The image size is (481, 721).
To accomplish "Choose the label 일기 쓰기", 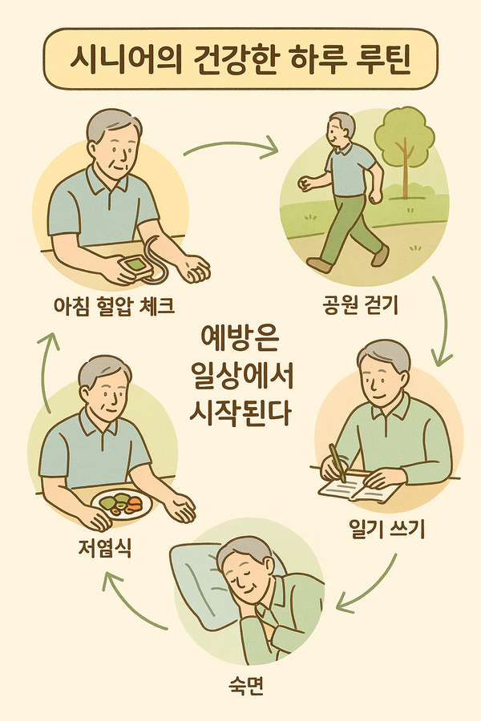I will coord(376,530).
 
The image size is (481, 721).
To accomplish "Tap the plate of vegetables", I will coord(121,505).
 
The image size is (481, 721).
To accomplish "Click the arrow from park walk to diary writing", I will coord(440,320).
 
